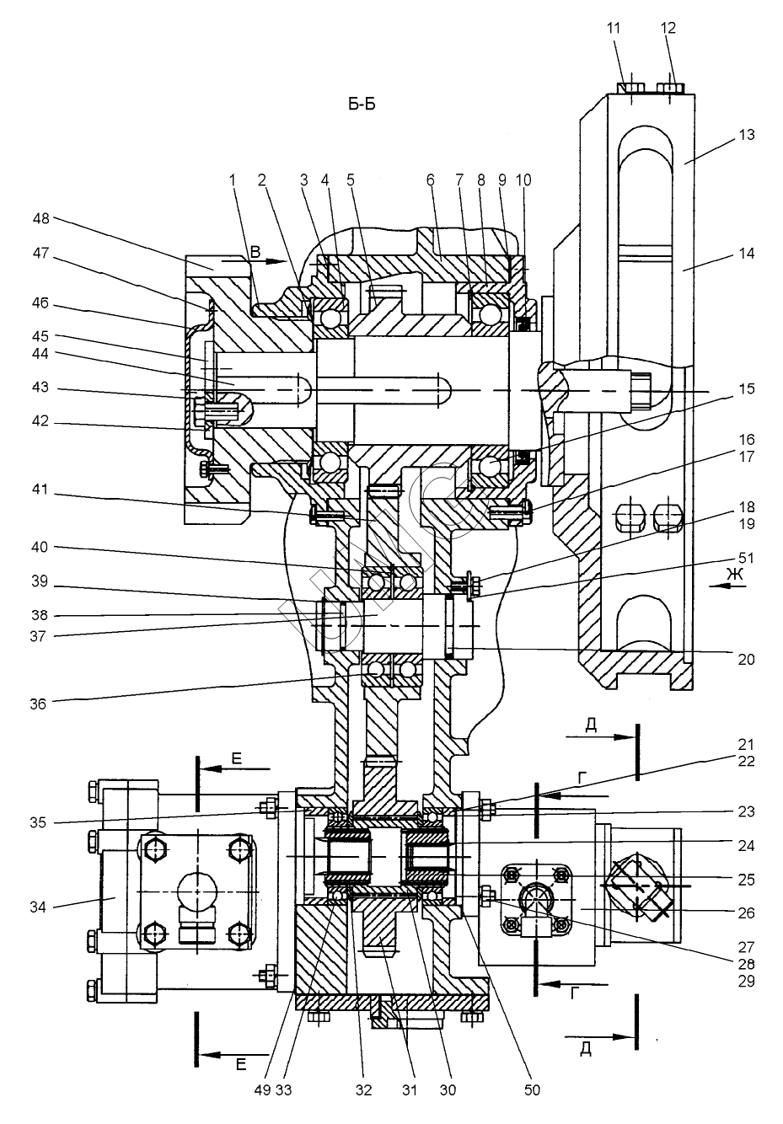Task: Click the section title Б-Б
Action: pos(362,104)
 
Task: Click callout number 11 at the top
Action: pos(614,28)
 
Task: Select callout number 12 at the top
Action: pos(668,28)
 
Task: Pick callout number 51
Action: pos(745,558)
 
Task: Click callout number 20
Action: pos(745,660)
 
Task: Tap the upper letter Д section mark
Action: pos(591,724)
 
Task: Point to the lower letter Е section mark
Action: pos(240,1065)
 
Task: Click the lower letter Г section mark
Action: pos(575,994)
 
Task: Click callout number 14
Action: pos(745,253)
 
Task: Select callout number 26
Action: pos(745,913)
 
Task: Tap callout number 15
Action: pos(745,389)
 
